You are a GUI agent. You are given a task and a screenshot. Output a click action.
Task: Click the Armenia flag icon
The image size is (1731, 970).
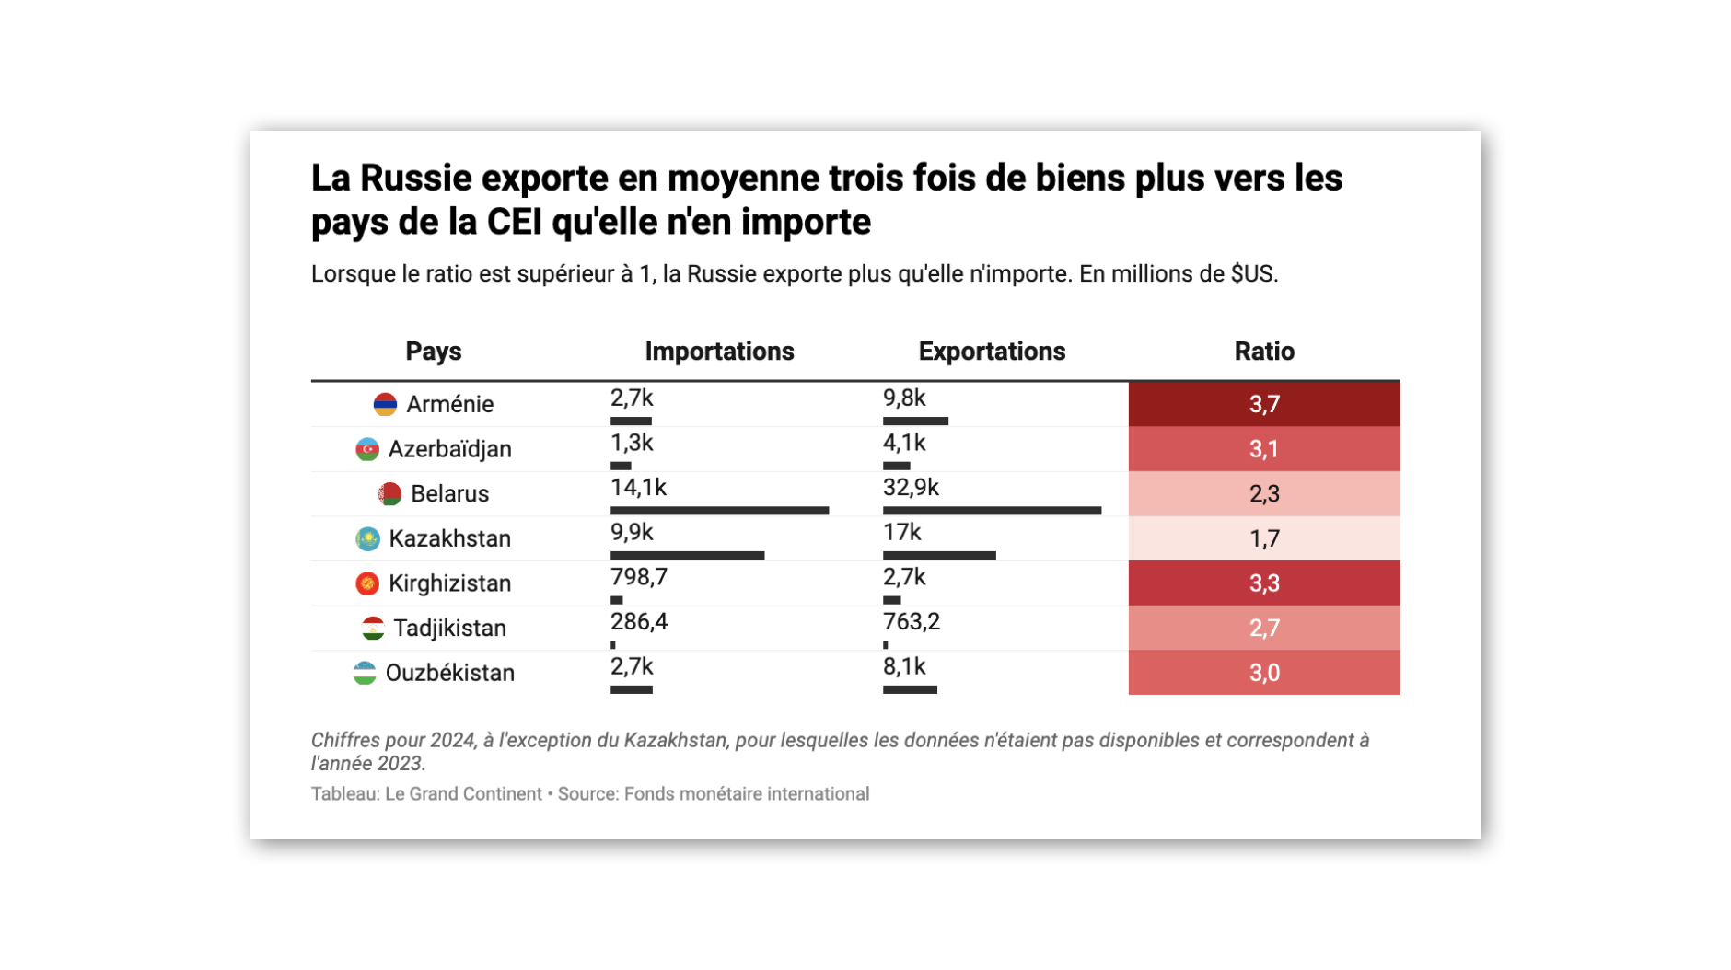pos(385,404)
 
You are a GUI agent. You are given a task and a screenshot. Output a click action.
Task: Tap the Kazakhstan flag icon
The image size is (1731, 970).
pos(367,538)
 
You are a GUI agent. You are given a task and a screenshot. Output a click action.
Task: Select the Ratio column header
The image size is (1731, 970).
pos(1263,352)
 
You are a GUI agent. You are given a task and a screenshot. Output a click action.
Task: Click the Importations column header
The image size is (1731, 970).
pos(719,352)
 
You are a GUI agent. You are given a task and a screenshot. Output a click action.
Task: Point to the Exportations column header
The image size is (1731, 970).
pos(992,352)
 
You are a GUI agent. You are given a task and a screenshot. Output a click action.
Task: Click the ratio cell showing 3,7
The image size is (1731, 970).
pos(1263,404)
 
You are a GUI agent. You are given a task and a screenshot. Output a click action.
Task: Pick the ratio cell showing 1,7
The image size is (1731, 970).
pos(1263,538)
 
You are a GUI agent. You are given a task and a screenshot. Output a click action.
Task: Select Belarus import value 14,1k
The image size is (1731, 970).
pos(638,488)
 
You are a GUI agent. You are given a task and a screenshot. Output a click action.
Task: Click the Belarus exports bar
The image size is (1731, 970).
pos(992,511)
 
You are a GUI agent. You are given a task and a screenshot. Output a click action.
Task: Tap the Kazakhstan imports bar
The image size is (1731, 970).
pos(687,556)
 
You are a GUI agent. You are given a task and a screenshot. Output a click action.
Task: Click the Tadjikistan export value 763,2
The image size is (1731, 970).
pos(911,622)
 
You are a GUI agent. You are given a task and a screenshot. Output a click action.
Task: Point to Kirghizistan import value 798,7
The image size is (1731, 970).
pos(638,577)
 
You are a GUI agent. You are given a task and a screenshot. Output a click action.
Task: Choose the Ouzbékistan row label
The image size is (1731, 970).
pos(449,673)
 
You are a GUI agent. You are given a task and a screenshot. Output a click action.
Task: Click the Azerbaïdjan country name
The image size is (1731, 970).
pos(449,449)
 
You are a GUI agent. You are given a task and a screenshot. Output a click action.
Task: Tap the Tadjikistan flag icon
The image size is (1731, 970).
pos(373,629)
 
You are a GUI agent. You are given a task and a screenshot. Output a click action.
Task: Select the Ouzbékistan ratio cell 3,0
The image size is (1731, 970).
pos(1263,673)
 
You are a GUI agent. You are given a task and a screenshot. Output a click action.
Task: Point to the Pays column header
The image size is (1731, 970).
pos(433,352)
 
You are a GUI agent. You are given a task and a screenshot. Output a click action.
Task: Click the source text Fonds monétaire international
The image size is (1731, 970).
pos(746,794)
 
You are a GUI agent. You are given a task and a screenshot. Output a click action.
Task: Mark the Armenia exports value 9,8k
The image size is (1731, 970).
pos(904,398)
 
